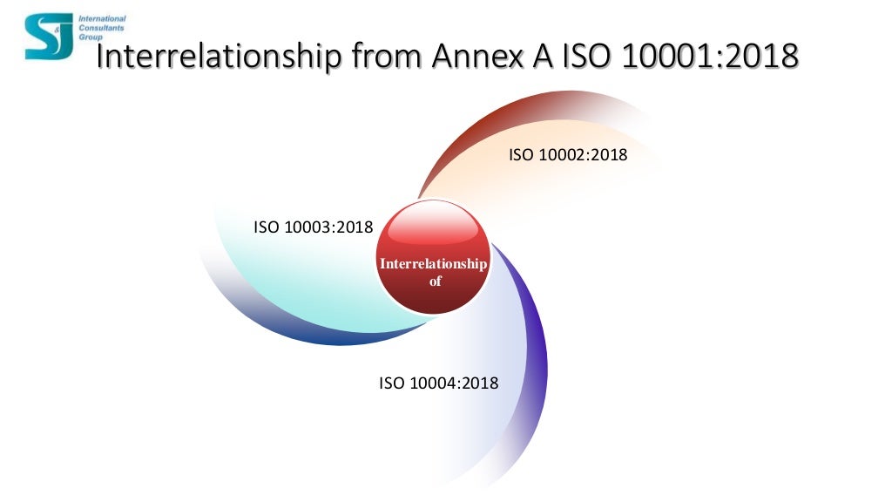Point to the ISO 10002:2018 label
point(568,155)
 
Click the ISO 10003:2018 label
point(313,227)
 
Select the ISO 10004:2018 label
point(438,383)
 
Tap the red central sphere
point(433,257)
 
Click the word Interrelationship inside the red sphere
point(433,264)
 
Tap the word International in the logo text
point(102,18)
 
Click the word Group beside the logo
point(90,37)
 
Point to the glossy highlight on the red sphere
point(433,228)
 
